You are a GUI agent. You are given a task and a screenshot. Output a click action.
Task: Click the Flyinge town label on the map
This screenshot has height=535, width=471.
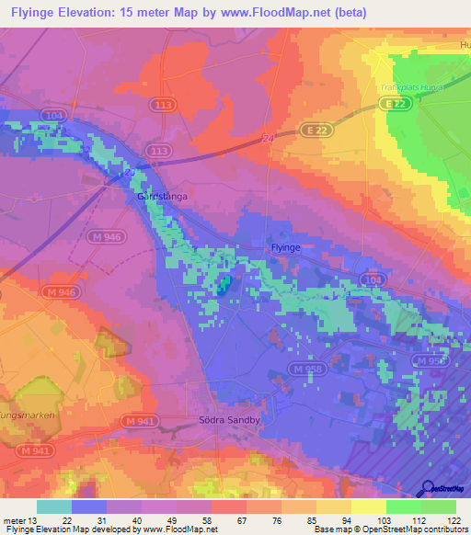(x=285, y=248)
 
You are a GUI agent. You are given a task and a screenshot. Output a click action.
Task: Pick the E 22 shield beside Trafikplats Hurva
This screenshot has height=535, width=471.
(x=396, y=106)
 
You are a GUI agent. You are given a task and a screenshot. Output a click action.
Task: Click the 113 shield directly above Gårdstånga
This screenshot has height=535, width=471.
(x=158, y=150)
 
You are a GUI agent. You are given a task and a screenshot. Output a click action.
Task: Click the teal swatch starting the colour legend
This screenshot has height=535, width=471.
(x=53, y=507)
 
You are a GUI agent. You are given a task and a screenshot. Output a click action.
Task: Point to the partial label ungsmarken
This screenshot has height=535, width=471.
(x=28, y=415)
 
